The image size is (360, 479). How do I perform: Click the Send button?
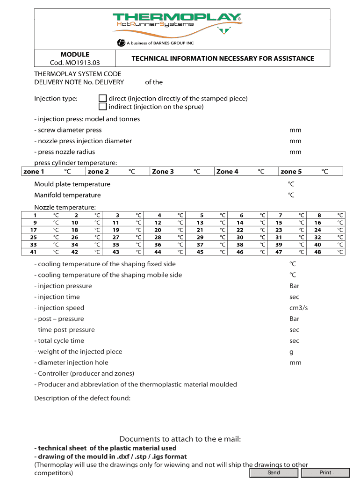pyautogui.click(x=274, y=472)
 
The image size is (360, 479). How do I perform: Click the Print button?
pyautogui.click(x=325, y=472)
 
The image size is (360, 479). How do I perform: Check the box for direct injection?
pyautogui.click(x=102, y=98)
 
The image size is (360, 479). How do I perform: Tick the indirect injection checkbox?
pyautogui.click(x=102, y=107)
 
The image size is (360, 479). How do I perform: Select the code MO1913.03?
pyautogui.click(x=75, y=63)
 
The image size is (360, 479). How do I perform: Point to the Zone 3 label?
pyautogui.click(x=163, y=172)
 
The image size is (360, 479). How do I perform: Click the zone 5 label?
pyautogui.click(x=291, y=172)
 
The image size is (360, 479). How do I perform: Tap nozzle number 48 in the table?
pyautogui.click(x=318, y=252)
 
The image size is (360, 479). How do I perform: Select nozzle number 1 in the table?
pyautogui.click(x=35, y=215)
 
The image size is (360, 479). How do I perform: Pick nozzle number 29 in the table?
pyautogui.click(x=200, y=237)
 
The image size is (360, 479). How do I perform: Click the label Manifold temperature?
pyautogui.click(x=67, y=195)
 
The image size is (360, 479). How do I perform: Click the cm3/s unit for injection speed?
pyautogui.click(x=299, y=308)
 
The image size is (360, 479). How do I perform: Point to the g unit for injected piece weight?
pyautogui.click(x=292, y=352)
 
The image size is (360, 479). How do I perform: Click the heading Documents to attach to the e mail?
pyautogui.click(x=180, y=439)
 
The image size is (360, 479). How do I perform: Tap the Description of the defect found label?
pyautogui.click(x=82, y=398)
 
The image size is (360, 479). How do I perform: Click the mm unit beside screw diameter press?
pyautogui.click(x=295, y=130)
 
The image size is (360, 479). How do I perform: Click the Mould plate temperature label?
pyautogui.click(x=72, y=184)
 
